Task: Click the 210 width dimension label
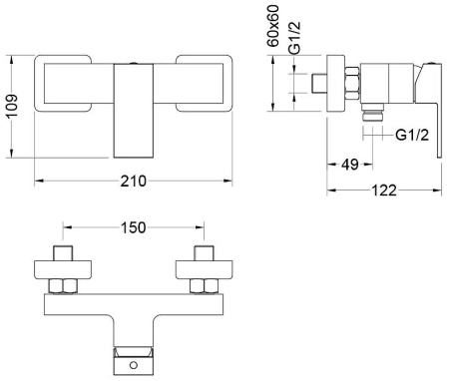(x=133, y=182)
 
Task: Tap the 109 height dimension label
(x=12, y=106)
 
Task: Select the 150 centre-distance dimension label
(x=133, y=227)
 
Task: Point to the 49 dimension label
(x=350, y=165)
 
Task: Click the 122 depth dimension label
(x=384, y=190)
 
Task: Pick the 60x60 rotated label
(x=273, y=26)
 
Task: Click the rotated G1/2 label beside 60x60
(x=294, y=37)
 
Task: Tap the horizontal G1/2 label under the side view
(x=412, y=136)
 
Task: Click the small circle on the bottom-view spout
(x=134, y=365)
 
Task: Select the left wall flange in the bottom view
(x=63, y=269)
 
